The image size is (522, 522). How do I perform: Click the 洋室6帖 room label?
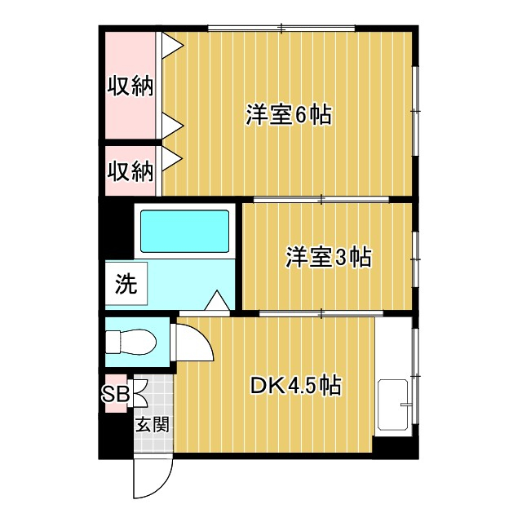(289, 115)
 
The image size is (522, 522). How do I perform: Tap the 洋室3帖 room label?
(328, 257)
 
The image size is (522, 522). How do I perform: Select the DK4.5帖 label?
(295, 386)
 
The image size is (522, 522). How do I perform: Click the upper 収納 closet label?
(130, 86)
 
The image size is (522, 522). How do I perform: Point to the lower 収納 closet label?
(130, 171)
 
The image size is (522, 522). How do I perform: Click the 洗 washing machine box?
(126, 283)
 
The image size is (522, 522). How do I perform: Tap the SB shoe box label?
(115, 394)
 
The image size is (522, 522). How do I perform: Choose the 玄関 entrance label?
(153, 424)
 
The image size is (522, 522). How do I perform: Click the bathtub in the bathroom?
(185, 232)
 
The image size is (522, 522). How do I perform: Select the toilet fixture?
(130, 342)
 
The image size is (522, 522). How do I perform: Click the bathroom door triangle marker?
(217, 300)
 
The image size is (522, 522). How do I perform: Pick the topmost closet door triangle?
(173, 46)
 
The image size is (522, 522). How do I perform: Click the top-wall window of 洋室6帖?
(281, 29)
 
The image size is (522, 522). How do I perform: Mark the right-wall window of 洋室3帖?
(415, 259)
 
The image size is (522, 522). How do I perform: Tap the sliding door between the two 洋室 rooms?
(321, 200)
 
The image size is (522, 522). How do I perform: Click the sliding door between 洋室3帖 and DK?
(321, 313)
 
